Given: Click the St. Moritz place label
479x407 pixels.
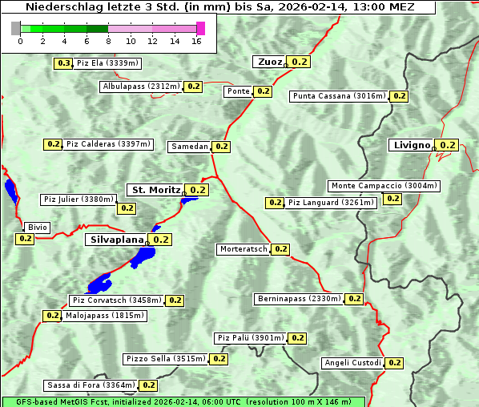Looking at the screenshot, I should coord(155,190).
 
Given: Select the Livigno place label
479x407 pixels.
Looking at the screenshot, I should coord(411,145).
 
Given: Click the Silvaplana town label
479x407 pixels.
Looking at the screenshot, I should coord(116,239).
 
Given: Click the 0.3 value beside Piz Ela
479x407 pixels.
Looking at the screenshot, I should coord(63,62).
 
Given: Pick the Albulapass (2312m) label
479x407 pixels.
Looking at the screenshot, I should coord(141,87).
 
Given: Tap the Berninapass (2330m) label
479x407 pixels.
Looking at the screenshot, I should coord(300,299).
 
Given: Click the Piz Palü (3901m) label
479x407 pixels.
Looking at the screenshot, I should coord(251,338).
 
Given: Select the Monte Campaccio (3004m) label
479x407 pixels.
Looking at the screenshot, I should coord(384,186).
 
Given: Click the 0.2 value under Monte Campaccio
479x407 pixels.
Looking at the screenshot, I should coord(392,199).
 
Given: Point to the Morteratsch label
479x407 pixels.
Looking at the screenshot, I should coord(244,249).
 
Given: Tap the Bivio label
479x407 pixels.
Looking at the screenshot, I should coord(38,228).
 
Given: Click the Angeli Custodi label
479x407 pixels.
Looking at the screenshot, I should coord(352,363).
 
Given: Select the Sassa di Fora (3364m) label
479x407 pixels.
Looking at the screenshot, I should coord(91,385).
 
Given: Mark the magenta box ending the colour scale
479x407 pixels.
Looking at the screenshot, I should coord(200,28).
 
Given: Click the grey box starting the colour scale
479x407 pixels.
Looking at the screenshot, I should coord(16,28).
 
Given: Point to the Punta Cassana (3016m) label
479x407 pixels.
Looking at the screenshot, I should coord(340,96).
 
